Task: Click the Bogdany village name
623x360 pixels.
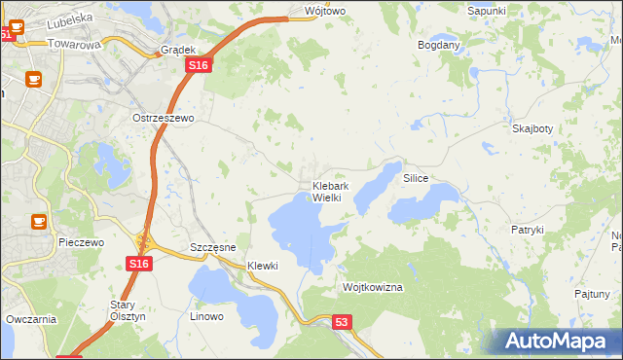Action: (438, 45)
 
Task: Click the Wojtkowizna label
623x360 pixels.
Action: (373, 288)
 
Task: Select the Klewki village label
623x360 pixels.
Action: (263, 266)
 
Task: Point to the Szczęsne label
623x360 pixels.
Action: (213, 247)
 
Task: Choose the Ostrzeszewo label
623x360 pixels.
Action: (164, 118)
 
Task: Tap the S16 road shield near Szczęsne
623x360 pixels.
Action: (138, 264)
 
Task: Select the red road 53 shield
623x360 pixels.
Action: (340, 321)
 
